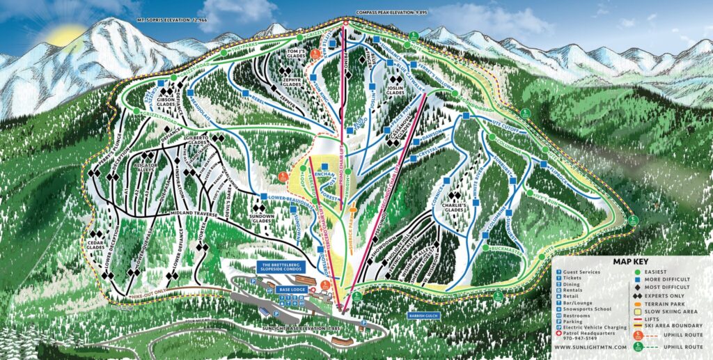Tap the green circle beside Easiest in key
click(638, 272)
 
